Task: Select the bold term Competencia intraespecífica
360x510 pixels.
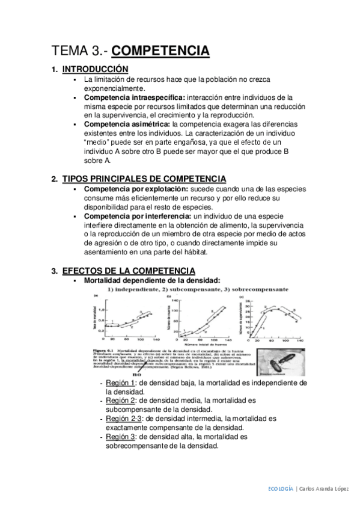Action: pos(135,97)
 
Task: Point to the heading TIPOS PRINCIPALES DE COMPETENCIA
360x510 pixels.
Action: pos(144,179)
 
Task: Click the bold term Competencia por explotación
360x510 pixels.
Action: pos(135,189)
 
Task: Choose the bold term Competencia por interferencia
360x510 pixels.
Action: pos(136,216)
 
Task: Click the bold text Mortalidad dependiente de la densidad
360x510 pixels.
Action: pos(152,280)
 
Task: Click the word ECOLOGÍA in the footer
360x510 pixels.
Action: pos(281,490)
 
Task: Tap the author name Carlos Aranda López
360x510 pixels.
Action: pos(325,490)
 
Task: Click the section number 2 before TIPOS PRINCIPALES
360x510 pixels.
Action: pos(54,179)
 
